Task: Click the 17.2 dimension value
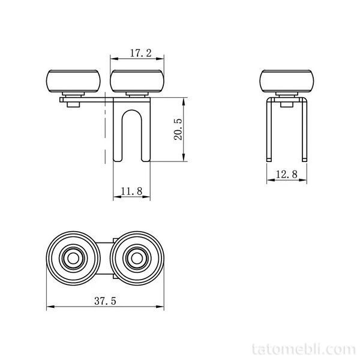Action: pos(141,53)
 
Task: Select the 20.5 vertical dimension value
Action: pos(178,129)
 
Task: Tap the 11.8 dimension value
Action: pos(131,191)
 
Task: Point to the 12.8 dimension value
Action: pos(287,174)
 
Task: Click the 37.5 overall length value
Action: pos(106,301)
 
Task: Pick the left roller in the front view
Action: pos(73,81)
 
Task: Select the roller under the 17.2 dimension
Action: pos(137,81)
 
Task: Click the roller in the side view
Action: pos(287,81)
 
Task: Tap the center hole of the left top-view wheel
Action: pos(73,259)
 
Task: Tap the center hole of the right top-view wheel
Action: pos(137,259)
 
